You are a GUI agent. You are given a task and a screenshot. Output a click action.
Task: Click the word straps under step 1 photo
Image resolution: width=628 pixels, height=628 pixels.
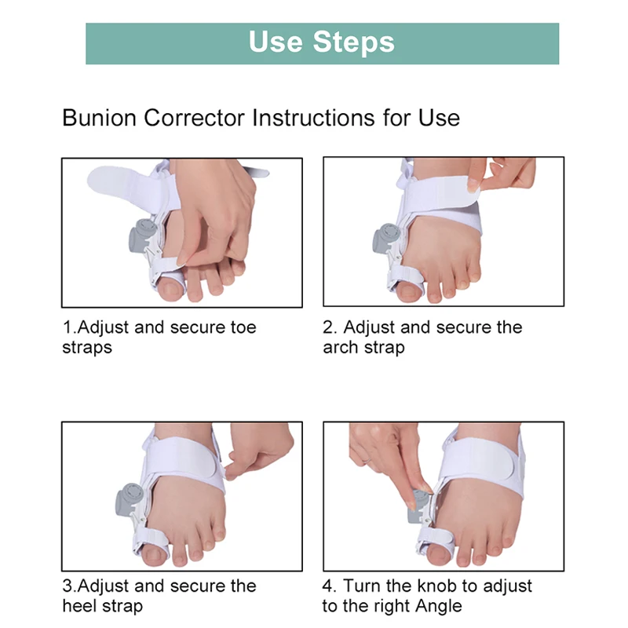(x=87, y=347)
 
